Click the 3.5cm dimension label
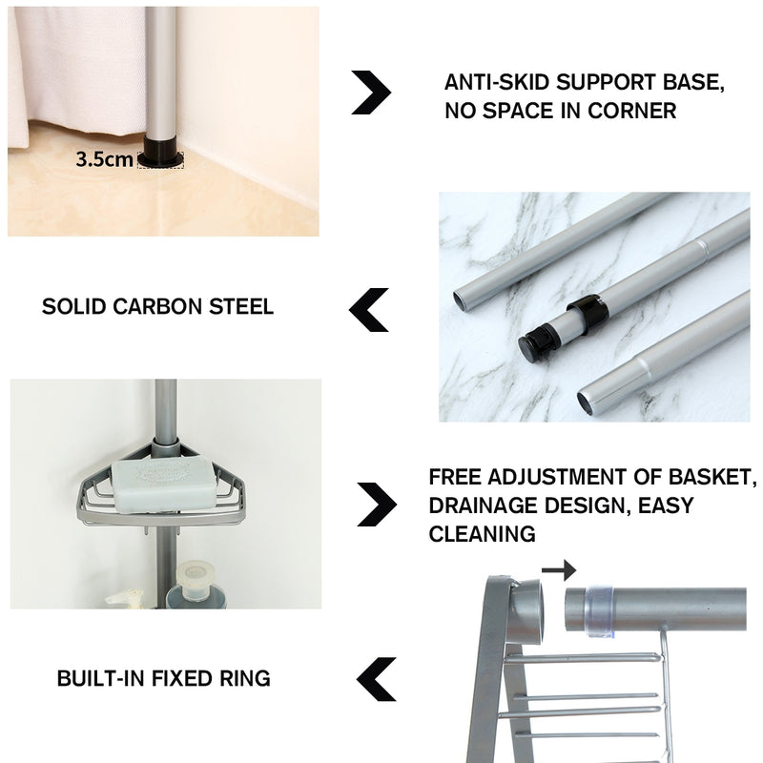coord(104,159)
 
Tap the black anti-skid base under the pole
coord(159,155)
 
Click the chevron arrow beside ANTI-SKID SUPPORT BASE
coord(371,93)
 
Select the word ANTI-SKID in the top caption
coord(494,83)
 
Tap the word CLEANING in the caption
coord(482,534)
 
